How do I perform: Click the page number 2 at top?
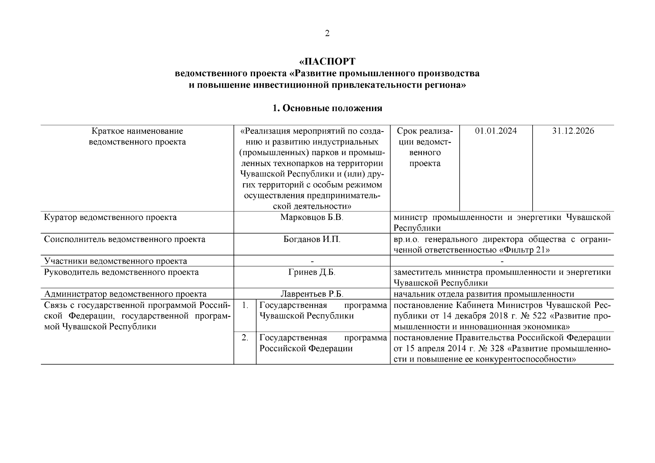[x=327, y=34]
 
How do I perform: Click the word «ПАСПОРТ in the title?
[x=327, y=62]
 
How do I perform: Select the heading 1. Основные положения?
[x=327, y=108]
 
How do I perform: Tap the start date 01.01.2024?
[x=496, y=131]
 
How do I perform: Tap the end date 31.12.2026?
[x=573, y=131]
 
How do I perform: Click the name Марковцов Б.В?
[x=312, y=217]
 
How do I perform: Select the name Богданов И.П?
[x=312, y=239]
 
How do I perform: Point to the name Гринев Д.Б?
[x=312, y=272]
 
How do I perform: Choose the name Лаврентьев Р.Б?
[x=312, y=294]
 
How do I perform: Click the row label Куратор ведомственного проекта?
[x=110, y=217]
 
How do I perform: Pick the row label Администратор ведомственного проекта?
[x=125, y=294]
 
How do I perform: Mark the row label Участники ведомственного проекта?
[x=115, y=261]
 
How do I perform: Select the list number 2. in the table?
[x=245, y=338]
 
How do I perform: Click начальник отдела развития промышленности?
[x=484, y=294]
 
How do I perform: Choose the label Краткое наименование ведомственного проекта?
[x=137, y=137]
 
